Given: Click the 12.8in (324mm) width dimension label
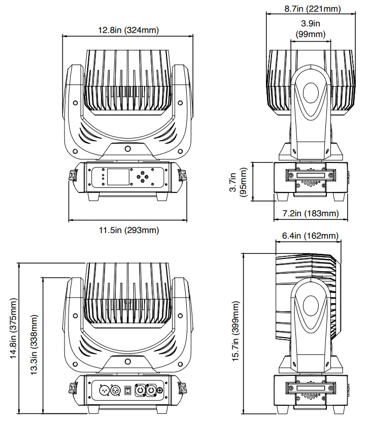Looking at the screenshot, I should click(128, 30).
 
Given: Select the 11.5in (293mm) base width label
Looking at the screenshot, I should click(128, 231).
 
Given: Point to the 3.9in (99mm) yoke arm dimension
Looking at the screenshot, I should click(310, 29).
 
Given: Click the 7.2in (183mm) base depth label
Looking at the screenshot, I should click(310, 213).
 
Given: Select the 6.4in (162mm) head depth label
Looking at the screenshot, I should click(310, 236).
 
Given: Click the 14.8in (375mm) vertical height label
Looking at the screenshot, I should click(14, 329).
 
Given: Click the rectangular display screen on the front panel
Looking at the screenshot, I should click(118, 177).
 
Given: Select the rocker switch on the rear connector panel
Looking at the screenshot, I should click(128, 390).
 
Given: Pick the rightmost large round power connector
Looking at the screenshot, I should click(151, 390).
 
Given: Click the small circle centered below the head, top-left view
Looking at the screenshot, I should click(127, 149).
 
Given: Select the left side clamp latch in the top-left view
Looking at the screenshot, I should click(72, 176).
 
